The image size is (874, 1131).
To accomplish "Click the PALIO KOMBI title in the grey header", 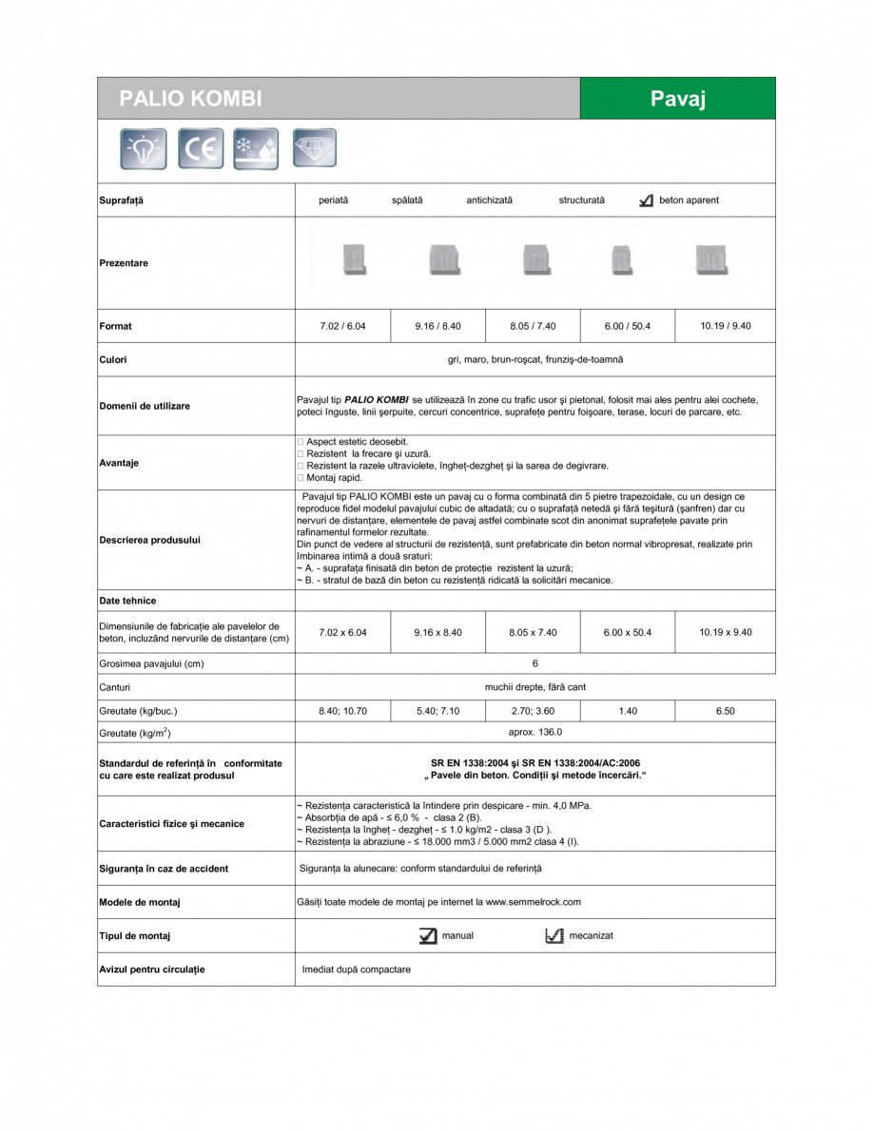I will (x=190, y=99).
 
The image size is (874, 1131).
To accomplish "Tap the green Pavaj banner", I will (x=677, y=99).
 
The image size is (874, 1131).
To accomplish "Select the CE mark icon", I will (x=201, y=148).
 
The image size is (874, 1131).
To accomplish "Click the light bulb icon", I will (x=144, y=148).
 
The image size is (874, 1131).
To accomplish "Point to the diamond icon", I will (x=314, y=147).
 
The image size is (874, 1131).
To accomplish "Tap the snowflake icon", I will (x=256, y=148).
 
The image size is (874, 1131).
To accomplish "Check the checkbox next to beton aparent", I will (x=646, y=201).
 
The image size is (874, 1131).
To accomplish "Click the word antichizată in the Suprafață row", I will (x=489, y=201).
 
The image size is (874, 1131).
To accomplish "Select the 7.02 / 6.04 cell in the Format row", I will (x=342, y=326).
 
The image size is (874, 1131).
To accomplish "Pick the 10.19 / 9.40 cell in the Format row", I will (x=725, y=326).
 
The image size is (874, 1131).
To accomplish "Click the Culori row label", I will (x=113, y=360).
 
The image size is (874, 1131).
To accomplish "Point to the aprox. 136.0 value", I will (x=534, y=733).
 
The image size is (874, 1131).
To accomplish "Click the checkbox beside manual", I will (x=428, y=936).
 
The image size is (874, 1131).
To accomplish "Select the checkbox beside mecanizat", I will (x=554, y=936).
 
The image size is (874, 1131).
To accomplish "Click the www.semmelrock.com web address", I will (x=533, y=902).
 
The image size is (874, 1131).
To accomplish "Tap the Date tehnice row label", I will (x=127, y=601).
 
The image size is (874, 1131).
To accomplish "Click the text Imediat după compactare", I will (x=356, y=970).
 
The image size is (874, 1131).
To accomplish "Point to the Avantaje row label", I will (x=119, y=463).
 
